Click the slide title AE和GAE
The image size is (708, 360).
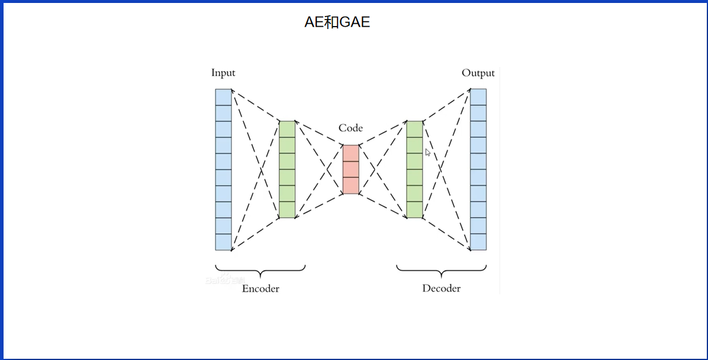pos(337,22)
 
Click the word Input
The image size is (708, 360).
pos(223,73)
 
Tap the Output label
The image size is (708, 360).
pos(478,73)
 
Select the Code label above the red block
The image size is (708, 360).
pos(350,128)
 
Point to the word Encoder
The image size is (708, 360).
pos(260,288)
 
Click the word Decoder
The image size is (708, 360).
pos(441,288)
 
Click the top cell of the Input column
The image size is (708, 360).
pos(223,97)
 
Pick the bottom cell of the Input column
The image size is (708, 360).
pos(223,242)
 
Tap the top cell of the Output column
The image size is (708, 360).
pos(478,97)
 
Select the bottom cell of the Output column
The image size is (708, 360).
pos(478,242)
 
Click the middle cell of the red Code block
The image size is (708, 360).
pos(351,169)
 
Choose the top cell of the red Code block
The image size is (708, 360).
pos(351,153)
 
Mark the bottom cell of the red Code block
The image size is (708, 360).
pos(351,185)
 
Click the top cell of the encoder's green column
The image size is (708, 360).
pos(287,129)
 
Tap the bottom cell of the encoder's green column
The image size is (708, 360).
pos(287,210)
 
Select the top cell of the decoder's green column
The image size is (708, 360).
pos(414,129)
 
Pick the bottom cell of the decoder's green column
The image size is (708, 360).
pos(414,210)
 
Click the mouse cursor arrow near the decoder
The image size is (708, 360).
pos(427,152)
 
